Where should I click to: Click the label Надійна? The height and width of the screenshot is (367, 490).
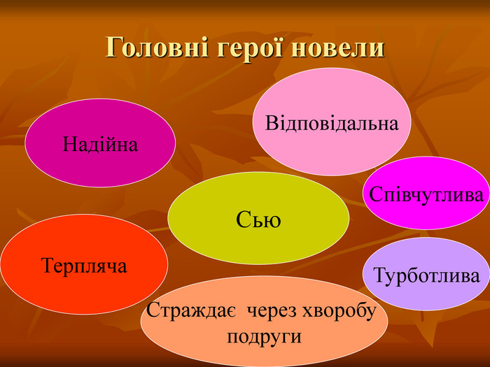click(x=100, y=145)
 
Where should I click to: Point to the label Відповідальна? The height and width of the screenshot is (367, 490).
click(x=332, y=124)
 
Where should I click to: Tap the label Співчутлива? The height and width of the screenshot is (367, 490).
click(x=426, y=195)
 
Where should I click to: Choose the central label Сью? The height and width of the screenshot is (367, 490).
click(x=258, y=220)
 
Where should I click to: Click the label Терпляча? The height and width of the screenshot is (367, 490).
click(x=84, y=266)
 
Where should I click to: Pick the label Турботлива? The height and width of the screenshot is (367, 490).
click(x=427, y=275)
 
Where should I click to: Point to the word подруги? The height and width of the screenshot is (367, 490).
click(x=265, y=336)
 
